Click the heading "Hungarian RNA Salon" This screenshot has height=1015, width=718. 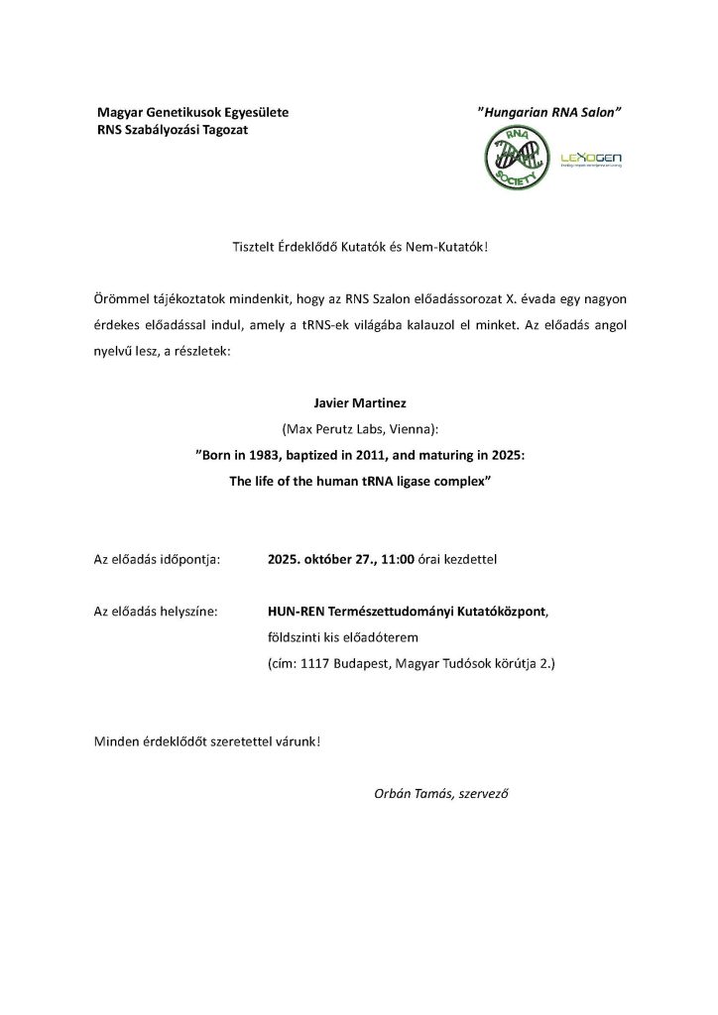click(x=549, y=114)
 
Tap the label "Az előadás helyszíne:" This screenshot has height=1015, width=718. click(x=155, y=612)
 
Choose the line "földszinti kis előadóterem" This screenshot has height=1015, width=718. click(x=343, y=637)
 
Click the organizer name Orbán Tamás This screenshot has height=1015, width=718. click(x=409, y=794)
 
